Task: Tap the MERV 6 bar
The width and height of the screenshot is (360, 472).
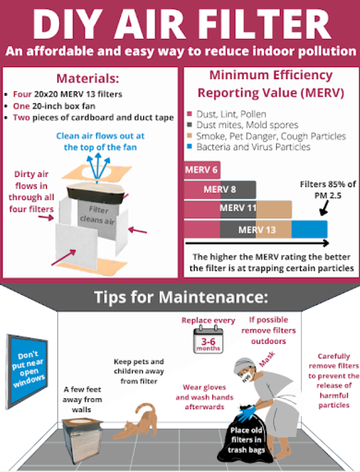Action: (202, 170)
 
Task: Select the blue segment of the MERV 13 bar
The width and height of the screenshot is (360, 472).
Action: (310, 230)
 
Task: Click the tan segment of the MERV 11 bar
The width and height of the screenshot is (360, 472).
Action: (274, 210)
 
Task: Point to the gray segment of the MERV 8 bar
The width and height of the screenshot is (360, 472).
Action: (238, 189)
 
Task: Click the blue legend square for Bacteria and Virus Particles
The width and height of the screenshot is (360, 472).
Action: (190, 147)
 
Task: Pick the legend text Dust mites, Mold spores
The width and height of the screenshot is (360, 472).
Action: (247, 125)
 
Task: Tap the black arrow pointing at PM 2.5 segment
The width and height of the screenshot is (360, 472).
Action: (324, 208)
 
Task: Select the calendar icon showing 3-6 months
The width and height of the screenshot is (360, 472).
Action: (208, 340)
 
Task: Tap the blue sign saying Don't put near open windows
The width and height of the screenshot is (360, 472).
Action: (27, 371)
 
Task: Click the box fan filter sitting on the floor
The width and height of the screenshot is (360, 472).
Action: (81, 439)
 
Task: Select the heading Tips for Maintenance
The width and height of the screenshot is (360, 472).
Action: (181, 297)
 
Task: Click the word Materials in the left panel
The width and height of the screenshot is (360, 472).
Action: (88, 78)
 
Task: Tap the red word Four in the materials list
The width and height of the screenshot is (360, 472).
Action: (22, 94)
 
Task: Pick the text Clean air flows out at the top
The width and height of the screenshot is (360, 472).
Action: (100, 141)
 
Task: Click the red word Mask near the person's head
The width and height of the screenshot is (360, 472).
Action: (267, 359)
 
